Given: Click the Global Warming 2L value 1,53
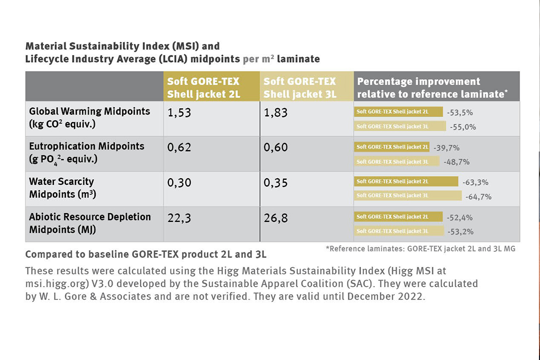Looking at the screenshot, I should pyautogui.click(x=179, y=113).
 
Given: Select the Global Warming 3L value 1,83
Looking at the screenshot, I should pyautogui.click(x=276, y=113).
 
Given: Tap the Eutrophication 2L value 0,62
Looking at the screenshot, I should pyautogui.click(x=179, y=148).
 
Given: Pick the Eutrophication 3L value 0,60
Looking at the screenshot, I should pyautogui.click(x=276, y=148).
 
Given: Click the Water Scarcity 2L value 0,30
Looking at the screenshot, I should pyautogui.click(x=179, y=183).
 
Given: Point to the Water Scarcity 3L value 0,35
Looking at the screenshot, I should pyautogui.click(x=276, y=183).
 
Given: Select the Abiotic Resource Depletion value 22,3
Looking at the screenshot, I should pyautogui.click(x=179, y=218).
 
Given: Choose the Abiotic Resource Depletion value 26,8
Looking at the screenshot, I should pyautogui.click(x=276, y=218).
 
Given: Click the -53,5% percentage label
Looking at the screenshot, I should pyautogui.click(x=460, y=112).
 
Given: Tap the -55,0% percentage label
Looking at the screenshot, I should pyautogui.click(x=463, y=127).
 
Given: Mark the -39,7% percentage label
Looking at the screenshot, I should pyautogui.click(x=446, y=148).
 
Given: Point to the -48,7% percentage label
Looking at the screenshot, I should pyautogui.click(x=456, y=162).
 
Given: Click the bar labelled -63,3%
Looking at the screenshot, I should pyautogui.click(x=406, y=181).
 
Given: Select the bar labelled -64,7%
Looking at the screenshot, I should pyautogui.click(x=408, y=196).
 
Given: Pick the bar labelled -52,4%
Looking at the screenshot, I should pyautogui.click(x=398, y=217).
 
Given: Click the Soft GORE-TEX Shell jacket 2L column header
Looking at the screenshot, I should pyautogui.click(x=203, y=88).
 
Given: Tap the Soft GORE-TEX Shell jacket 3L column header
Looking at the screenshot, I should pyautogui.click(x=300, y=88).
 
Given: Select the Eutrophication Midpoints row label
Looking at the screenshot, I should pyautogui.click(x=86, y=152).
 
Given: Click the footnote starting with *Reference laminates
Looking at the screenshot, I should pyautogui.click(x=420, y=248).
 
